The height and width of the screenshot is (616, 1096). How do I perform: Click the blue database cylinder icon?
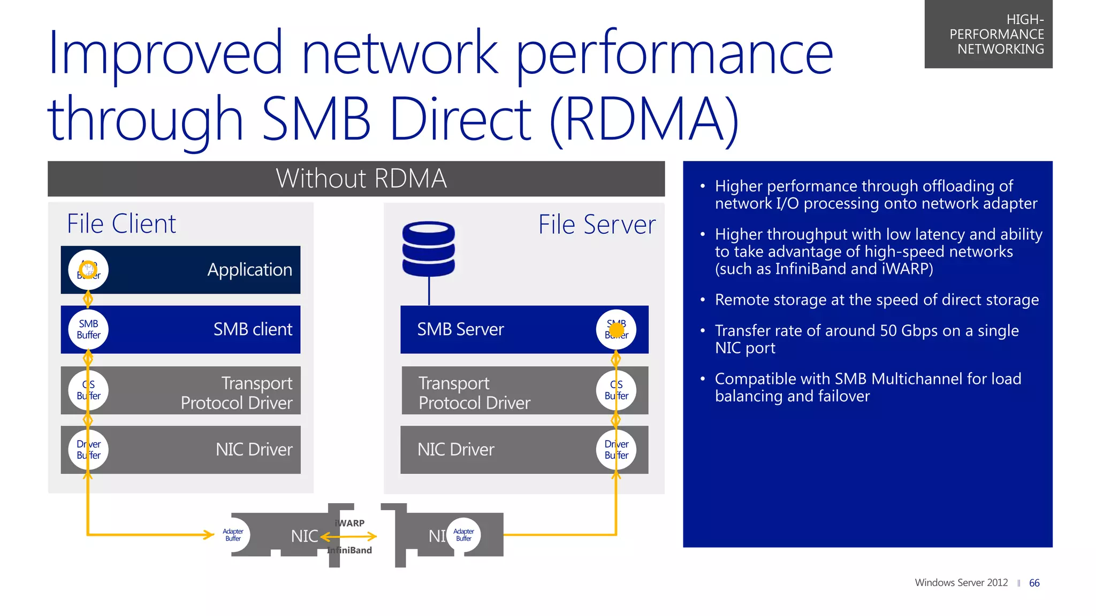coord(429,249)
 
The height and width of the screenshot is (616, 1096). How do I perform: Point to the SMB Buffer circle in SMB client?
coord(88,329)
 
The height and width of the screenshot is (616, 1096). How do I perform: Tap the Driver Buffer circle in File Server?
coord(616,450)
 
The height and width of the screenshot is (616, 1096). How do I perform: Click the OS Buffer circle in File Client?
coord(88,390)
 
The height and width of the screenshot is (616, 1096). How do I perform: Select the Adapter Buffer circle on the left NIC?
coord(233,535)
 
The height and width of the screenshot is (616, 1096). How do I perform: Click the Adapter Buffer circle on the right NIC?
coord(463,535)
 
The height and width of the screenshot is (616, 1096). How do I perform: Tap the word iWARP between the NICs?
coord(351,523)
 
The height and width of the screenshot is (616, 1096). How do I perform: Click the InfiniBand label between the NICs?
coord(350,550)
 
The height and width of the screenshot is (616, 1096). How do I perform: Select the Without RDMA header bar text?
coord(361,179)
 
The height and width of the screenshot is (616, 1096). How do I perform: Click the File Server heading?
coord(597,225)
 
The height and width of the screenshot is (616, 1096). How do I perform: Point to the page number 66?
coord(1034,583)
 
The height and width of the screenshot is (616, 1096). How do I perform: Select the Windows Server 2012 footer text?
coord(961,583)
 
